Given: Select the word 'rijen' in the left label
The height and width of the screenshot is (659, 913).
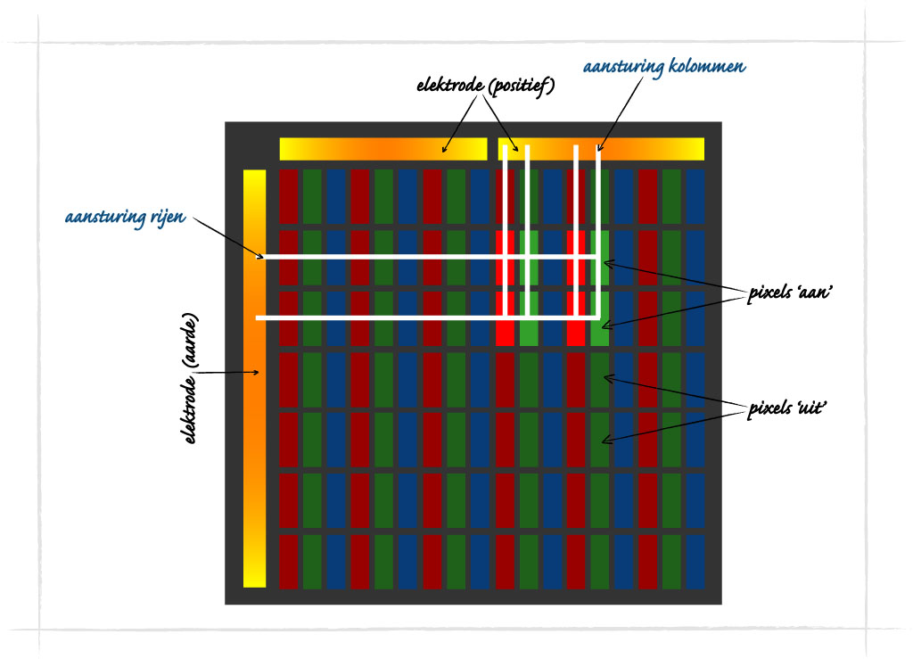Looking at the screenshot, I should coord(168,217).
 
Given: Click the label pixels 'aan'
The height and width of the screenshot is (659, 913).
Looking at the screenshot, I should coord(791,294).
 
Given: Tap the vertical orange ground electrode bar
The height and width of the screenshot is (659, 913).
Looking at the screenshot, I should coord(254,446).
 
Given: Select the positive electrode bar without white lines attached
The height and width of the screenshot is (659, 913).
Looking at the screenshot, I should coord(382,149).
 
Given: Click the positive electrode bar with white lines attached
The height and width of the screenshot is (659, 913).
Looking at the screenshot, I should coord(651,148).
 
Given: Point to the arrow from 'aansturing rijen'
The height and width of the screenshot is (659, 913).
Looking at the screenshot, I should coord(227,238).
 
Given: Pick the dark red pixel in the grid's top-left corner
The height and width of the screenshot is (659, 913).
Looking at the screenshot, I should coord(288,196).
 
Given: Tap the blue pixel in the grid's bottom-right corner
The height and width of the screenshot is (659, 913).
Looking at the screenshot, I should coord(695,561).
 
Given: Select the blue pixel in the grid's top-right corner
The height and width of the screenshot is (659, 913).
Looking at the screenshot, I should coord(695,196).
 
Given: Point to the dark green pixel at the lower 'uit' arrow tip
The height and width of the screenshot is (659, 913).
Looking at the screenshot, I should coord(600,439).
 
